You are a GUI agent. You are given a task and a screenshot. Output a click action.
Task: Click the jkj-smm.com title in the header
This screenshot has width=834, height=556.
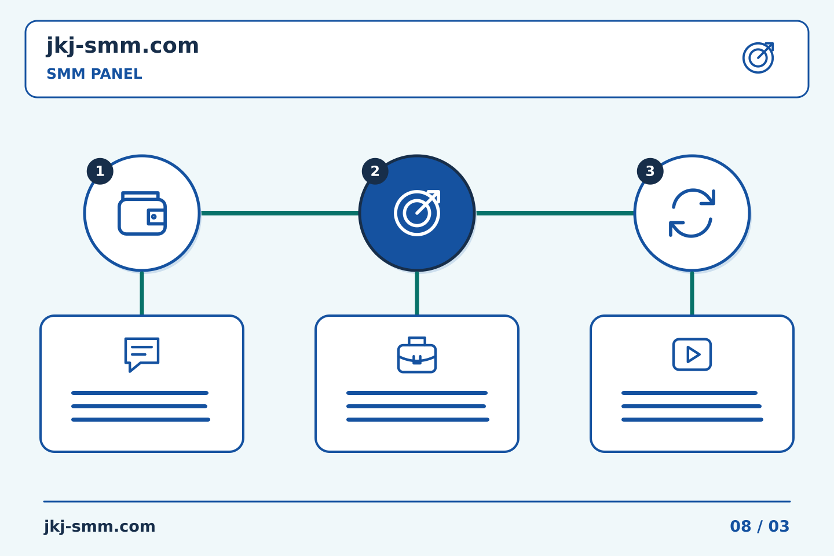point(123,46)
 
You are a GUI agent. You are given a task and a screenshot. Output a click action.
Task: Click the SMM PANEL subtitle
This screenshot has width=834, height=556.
point(94,74)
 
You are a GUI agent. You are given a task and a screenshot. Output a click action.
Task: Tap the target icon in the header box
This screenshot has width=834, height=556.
point(758,58)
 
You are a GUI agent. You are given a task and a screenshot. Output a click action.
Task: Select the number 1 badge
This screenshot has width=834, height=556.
point(100,171)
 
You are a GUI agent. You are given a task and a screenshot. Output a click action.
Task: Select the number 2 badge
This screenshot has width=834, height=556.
point(375,171)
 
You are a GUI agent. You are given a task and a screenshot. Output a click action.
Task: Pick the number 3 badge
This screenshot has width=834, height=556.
point(650,171)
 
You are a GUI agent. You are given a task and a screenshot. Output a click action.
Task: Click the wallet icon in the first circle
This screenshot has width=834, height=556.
point(142,213)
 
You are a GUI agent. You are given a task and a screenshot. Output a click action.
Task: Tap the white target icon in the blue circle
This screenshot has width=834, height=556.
point(417,213)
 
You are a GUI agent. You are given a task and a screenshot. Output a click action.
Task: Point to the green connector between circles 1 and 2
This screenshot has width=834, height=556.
point(280,213)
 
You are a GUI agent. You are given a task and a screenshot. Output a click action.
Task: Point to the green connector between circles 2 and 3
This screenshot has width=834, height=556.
point(555,213)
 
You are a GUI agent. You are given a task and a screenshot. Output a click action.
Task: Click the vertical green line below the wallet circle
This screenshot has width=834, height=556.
point(142,294)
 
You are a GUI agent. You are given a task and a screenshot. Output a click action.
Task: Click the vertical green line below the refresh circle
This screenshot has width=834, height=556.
point(692,294)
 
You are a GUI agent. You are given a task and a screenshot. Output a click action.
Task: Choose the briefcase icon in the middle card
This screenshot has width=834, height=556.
point(417,355)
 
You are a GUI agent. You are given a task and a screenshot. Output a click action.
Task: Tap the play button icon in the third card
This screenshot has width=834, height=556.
point(692,354)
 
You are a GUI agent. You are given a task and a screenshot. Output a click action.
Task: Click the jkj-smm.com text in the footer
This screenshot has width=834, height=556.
point(100,526)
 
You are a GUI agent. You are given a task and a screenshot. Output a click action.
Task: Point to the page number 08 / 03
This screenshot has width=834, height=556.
point(759,526)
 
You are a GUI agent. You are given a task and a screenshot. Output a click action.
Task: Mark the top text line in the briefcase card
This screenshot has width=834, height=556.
point(417,393)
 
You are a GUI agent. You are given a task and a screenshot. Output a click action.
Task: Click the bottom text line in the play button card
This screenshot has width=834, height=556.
point(692,420)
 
